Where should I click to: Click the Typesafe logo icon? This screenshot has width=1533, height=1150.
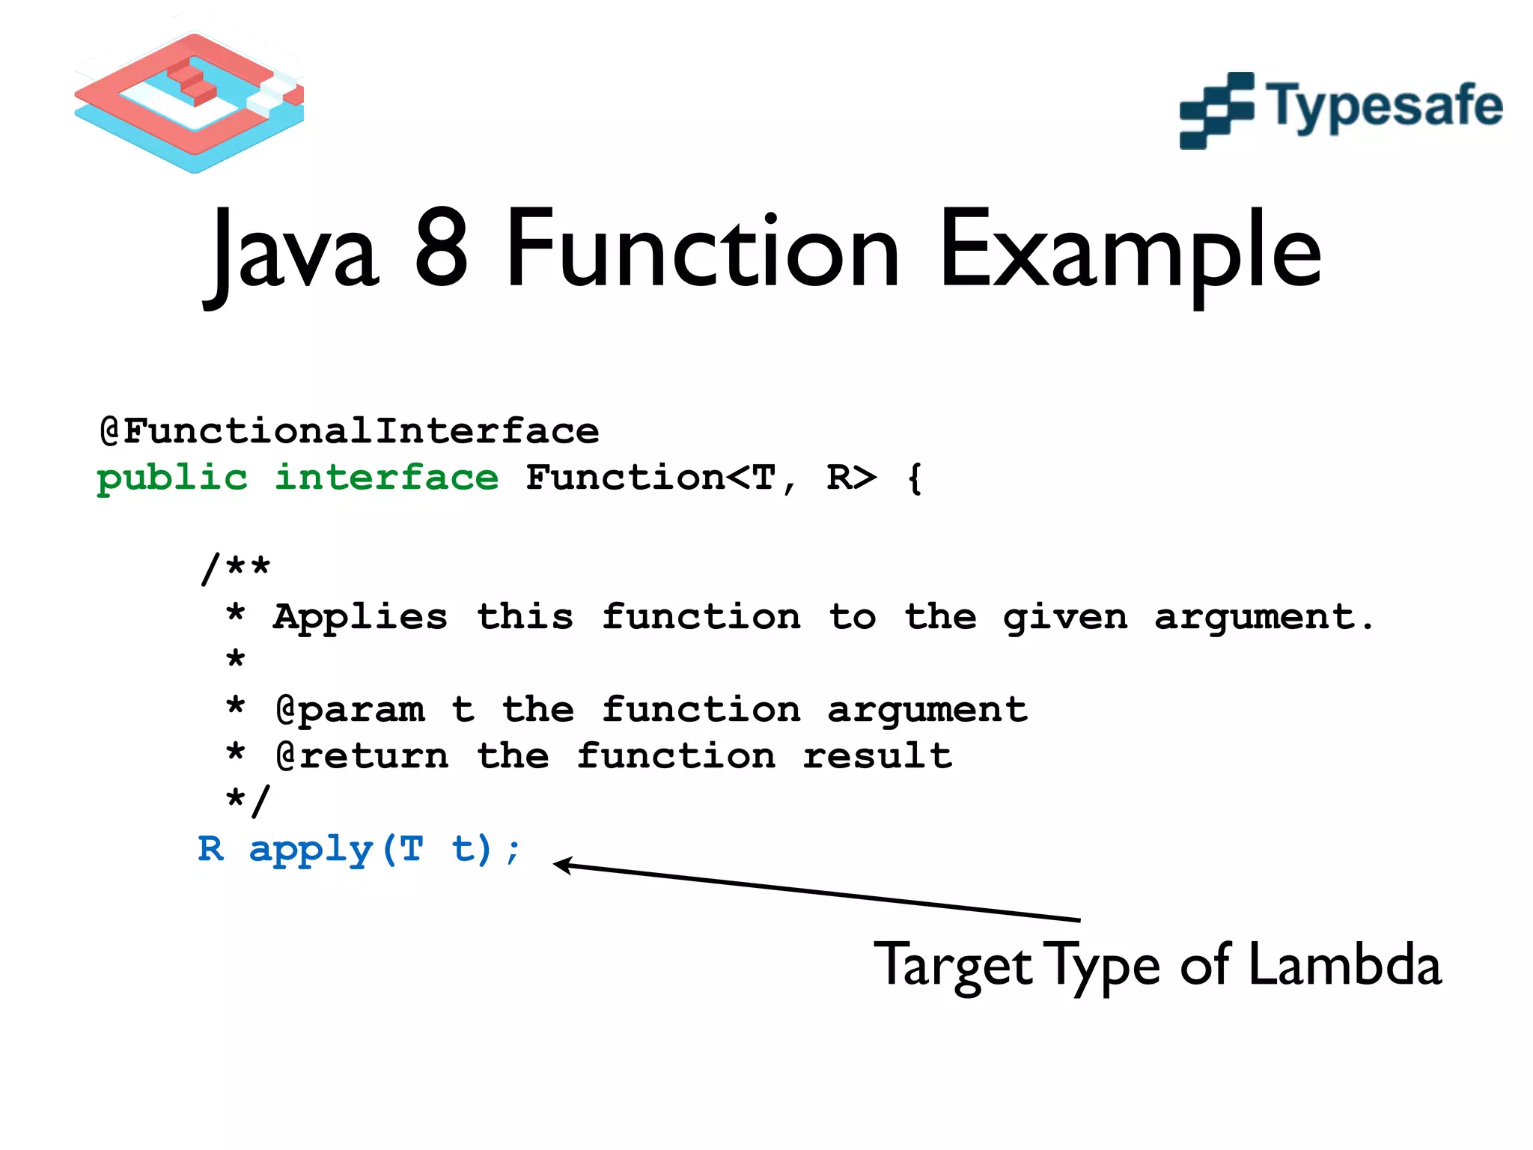pyautogui.click(x=1216, y=111)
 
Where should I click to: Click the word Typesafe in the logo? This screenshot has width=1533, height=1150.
pyautogui.click(x=1383, y=107)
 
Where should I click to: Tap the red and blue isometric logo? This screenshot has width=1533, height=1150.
pyautogui.click(x=189, y=101)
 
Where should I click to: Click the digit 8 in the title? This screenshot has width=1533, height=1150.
pyautogui.click(x=441, y=249)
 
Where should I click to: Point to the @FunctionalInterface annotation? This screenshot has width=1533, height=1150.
pyautogui.click(x=350, y=431)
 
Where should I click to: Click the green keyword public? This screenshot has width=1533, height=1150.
pyautogui.click(x=172, y=478)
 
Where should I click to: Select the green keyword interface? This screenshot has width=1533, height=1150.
pyautogui.click(x=386, y=477)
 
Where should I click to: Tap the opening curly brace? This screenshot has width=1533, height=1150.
pyautogui.click(x=914, y=478)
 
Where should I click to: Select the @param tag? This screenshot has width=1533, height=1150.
pyautogui.click(x=350, y=710)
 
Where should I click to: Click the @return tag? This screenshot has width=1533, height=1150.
pyautogui.click(x=362, y=755)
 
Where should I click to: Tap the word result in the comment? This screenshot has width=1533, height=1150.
pyautogui.click(x=877, y=755)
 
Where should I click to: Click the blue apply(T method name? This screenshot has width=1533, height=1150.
pyautogui.click(x=336, y=850)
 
